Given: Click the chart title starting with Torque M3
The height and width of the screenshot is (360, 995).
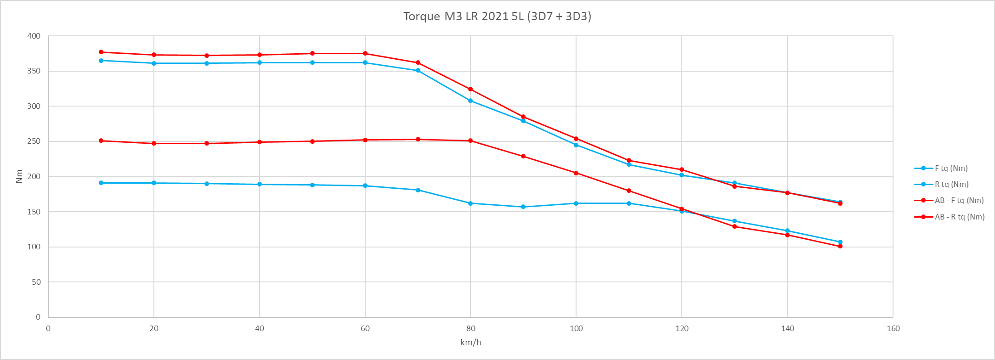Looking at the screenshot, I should [497, 17].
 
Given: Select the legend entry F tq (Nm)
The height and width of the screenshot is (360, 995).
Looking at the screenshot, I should [951, 169].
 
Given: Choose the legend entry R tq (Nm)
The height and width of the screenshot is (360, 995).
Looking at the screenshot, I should [951, 185].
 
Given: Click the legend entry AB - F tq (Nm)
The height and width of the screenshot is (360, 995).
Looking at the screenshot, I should [959, 201].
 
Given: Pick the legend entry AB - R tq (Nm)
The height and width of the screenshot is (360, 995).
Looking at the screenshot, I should [960, 217].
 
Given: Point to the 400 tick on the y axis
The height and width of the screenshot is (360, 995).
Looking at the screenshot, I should [34, 36].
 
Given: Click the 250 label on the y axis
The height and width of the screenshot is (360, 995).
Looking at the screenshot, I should [34, 141].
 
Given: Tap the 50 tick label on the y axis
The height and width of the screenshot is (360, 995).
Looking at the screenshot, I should [36, 282].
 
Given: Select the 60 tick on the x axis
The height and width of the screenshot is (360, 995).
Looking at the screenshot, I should [365, 329].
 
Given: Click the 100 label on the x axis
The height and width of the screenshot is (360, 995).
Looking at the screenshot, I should [576, 329].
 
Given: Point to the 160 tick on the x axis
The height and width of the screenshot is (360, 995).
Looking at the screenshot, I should [893, 329].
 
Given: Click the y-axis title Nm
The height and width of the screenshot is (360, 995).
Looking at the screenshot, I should [19, 176].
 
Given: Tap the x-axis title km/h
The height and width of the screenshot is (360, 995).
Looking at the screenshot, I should [470, 343].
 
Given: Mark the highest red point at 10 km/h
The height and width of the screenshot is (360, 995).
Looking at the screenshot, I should [101, 52].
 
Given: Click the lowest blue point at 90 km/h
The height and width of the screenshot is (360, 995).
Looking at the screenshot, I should [523, 207].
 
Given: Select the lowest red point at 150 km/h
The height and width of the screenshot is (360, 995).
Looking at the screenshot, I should [840, 246].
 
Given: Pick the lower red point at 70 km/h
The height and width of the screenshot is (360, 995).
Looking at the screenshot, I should [418, 139].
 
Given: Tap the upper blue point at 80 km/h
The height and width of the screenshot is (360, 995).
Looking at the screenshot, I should [470, 101].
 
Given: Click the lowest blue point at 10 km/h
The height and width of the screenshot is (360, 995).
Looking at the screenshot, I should [101, 183].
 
